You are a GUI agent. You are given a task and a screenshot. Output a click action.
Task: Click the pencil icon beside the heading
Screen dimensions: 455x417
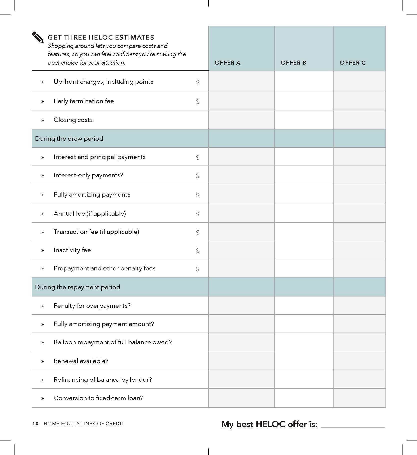tap(38, 37)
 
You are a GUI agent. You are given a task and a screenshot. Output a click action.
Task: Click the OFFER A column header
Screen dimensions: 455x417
tap(227, 63)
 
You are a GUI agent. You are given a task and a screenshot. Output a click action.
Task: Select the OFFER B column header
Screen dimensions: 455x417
tap(293, 63)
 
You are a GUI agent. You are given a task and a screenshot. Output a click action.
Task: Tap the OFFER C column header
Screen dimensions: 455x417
tap(352, 63)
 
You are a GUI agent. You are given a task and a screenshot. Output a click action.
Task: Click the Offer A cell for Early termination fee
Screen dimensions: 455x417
tap(241, 101)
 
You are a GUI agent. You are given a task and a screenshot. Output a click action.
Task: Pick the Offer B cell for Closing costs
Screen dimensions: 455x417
tap(304, 120)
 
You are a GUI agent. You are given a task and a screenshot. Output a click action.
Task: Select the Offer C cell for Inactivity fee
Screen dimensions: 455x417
tap(359, 250)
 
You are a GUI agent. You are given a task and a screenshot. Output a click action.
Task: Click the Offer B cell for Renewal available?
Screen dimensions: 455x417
tap(304, 361)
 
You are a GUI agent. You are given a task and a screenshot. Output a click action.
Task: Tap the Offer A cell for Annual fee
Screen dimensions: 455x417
tap(241, 213)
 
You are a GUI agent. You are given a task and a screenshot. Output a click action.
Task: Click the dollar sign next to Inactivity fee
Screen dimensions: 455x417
tap(198, 250)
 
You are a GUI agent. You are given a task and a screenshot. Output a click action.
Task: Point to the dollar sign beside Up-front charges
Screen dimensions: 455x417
tap(198, 82)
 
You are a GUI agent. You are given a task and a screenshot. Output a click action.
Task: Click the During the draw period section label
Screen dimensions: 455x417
tap(69, 138)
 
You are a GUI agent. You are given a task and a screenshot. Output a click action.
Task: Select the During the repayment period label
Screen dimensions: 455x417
tap(78, 287)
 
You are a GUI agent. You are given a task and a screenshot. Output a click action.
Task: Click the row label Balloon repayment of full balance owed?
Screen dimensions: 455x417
tap(113, 342)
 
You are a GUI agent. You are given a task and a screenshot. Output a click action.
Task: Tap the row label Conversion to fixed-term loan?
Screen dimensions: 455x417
tap(98, 398)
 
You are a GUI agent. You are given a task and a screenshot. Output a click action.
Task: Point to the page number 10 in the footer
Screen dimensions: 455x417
tap(35, 423)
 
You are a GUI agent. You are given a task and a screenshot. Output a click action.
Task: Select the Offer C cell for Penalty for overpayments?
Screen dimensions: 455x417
tap(359, 306)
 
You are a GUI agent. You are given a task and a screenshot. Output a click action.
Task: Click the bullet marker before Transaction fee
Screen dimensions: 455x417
tap(43, 232)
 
